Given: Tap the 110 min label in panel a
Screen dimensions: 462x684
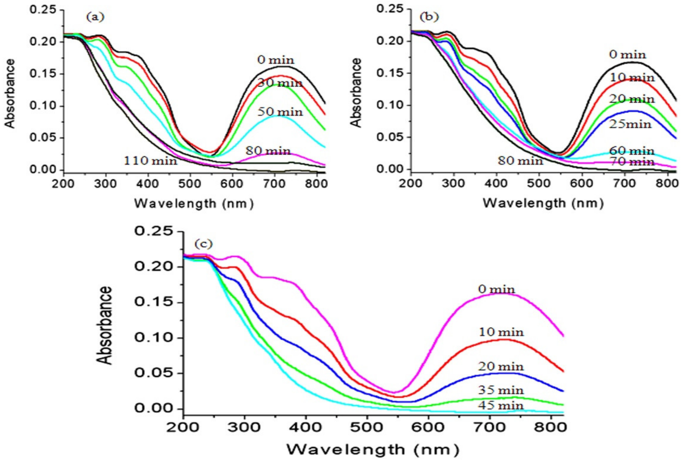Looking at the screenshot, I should [150, 161].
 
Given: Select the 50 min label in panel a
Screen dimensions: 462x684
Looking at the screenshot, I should [280, 112].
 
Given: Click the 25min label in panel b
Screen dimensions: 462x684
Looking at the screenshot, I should [630, 124].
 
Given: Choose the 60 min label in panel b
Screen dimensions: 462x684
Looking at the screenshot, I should [631, 151].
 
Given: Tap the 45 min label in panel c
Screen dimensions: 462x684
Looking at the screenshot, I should [501, 406].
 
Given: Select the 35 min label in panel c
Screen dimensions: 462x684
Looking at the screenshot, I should [501, 390].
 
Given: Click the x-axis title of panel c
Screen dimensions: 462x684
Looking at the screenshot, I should [373, 450].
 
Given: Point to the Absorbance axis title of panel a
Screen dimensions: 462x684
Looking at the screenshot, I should [10, 93].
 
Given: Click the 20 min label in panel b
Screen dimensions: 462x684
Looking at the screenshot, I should [631, 99].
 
